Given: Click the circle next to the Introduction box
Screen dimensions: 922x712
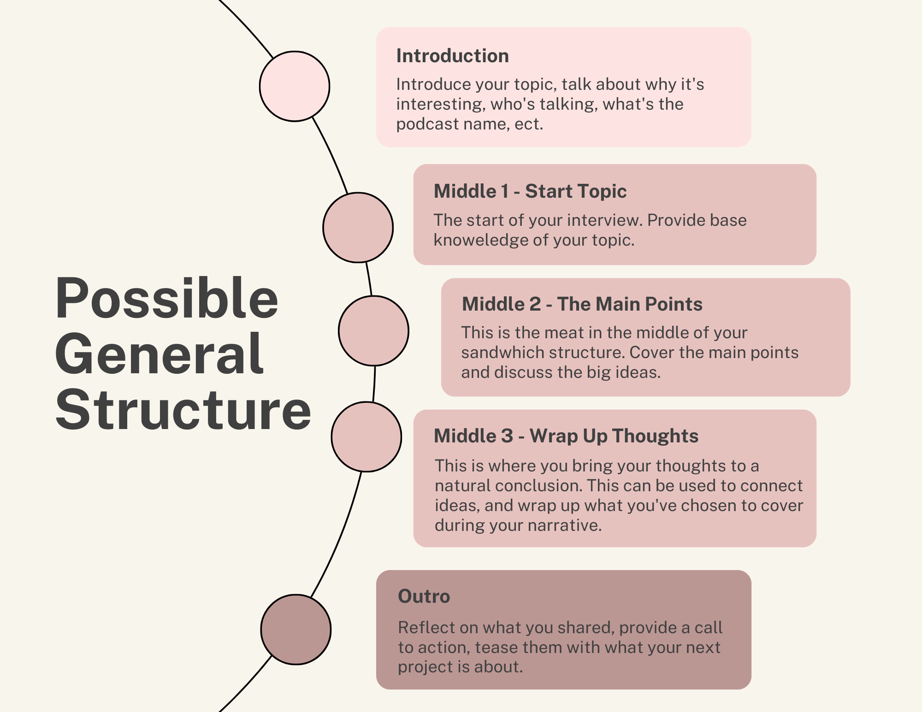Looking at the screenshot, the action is (x=295, y=86).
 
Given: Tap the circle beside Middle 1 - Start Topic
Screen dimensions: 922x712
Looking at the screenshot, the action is (x=358, y=228).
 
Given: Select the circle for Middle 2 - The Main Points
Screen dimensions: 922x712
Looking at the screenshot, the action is (x=373, y=331).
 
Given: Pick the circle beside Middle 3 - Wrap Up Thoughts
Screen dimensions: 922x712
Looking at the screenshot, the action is (x=366, y=437).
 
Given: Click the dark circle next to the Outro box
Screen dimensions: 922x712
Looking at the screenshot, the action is (x=296, y=630).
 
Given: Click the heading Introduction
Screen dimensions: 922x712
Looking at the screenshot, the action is (x=453, y=56).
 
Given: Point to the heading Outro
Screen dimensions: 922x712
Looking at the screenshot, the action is (x=424, y=596).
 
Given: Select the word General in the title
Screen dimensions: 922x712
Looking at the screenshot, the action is (x=160, y=354).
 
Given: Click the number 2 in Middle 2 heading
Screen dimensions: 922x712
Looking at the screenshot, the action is (x=535, y=304).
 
